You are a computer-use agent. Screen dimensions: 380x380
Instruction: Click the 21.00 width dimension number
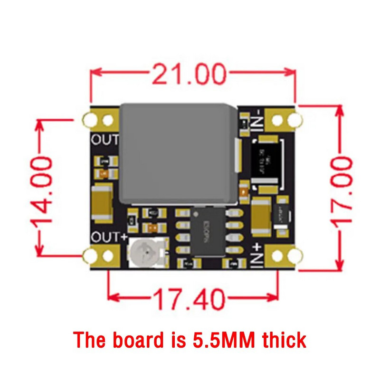click(x=189, y=75)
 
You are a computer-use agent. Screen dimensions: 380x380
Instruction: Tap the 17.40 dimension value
click(x=189, y=299)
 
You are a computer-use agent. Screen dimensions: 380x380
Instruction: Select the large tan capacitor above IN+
click(x=261, y=217)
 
